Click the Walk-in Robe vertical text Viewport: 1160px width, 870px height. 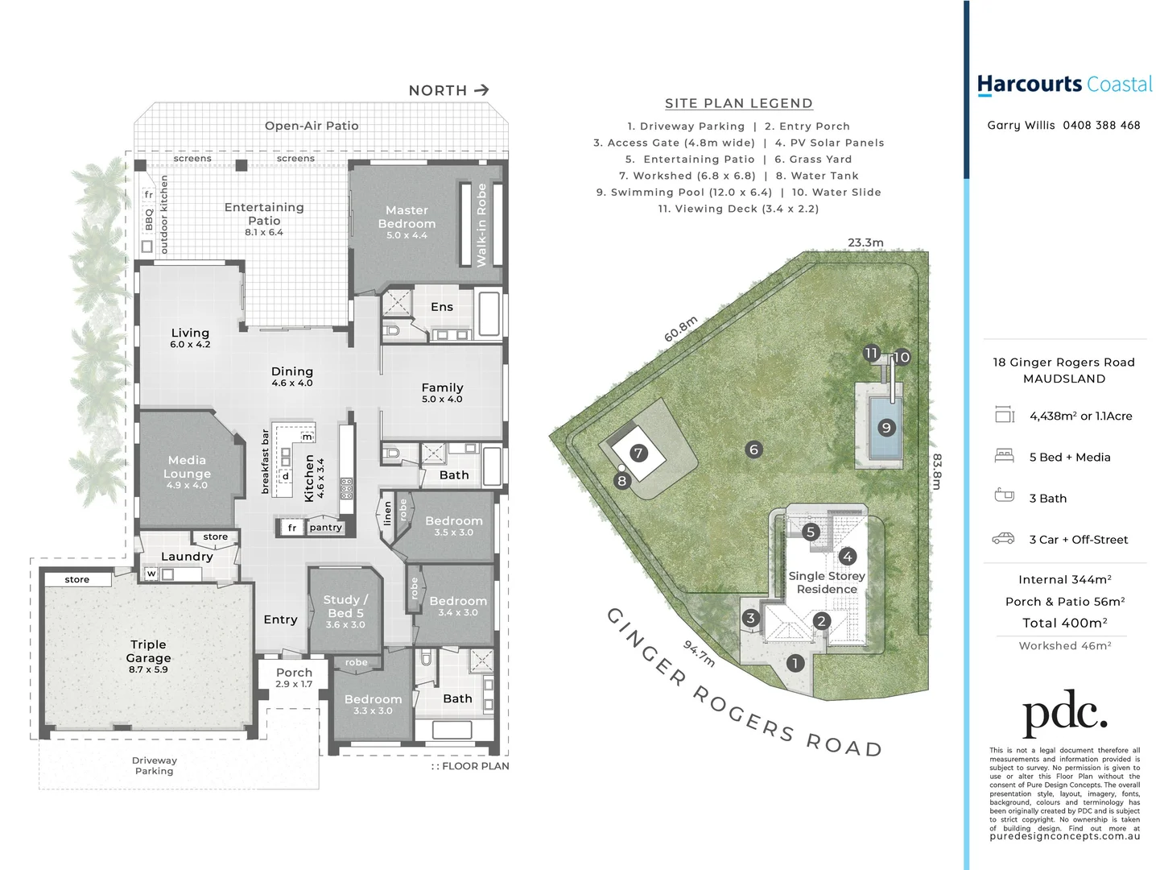click(481, 225)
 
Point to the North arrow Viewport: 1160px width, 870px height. click(481, 90)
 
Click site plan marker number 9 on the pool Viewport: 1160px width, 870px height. click(886, 428)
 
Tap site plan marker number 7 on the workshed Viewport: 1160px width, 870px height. click(638, 453)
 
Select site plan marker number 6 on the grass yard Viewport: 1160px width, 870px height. click(753, 449)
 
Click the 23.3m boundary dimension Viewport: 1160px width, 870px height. click(865, 242)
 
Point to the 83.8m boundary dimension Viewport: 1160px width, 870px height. click(936, 471)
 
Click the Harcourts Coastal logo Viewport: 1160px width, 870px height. click(1064, 85)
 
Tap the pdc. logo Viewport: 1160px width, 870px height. click(1064, 712)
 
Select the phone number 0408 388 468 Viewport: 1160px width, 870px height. click(1101, 125)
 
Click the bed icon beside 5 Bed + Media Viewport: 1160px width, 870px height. click(1004, 456)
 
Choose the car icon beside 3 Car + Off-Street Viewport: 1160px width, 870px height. click(1003, 538)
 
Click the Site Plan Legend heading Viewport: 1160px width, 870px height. click(738, 103)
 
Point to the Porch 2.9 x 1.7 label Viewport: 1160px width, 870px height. click(294, 677)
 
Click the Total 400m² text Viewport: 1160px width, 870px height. click(1064, 623)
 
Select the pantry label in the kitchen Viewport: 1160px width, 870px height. click(325, 528)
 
